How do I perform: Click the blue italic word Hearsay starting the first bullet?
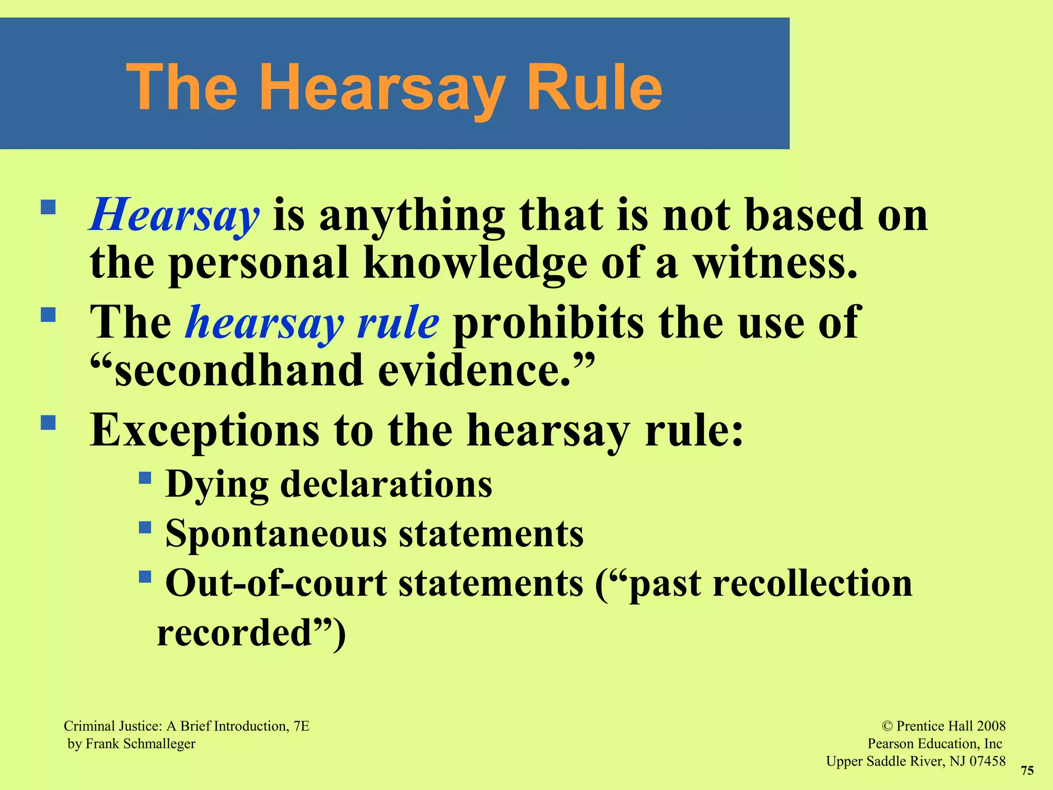pyautogui.click(x=174, y=216)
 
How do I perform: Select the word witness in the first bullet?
pyautogui.click(x=775, y=263)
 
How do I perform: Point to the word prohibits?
pyautogui.click(x=548, y=323)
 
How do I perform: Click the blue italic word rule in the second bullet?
pyautogui.click(x=398, y=323)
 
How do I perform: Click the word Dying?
pyautogui.click(x=217, y=484)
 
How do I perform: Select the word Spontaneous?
pyautogui.click(x=276, y=533)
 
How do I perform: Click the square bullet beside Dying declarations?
pyautogui.click(x=145, y=478)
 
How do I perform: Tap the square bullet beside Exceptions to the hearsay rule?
pyautogui.click(x=48, y=423)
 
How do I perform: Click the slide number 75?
pyautogui.click(x=1027, y=770)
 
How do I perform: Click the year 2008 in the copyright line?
pyautogui.click(x=991, y=726)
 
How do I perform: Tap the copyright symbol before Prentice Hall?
pyautogui.click(x=887, y=726)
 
